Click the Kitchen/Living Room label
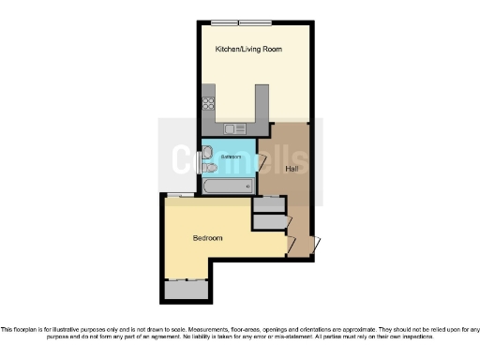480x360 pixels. click(x=249, y=48)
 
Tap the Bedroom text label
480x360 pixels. click(x=207, y=238)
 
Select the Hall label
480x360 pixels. click(x=292, y=169)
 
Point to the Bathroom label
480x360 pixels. click(x=231, y=157)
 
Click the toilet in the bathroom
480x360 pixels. click(x=208, y=168)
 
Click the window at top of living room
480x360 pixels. click(x=241, y=22)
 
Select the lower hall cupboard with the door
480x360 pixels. click(x=269, y=221)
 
